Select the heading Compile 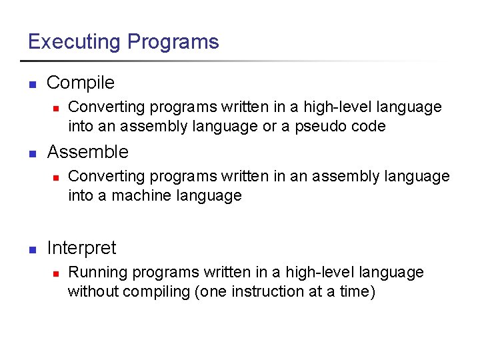(81, 83)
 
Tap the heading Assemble (87, 152)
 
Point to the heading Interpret (81, 248)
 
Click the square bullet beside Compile (31, 84)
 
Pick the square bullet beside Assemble (31, 153)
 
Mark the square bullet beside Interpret (31, 249)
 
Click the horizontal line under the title (233, 61)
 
